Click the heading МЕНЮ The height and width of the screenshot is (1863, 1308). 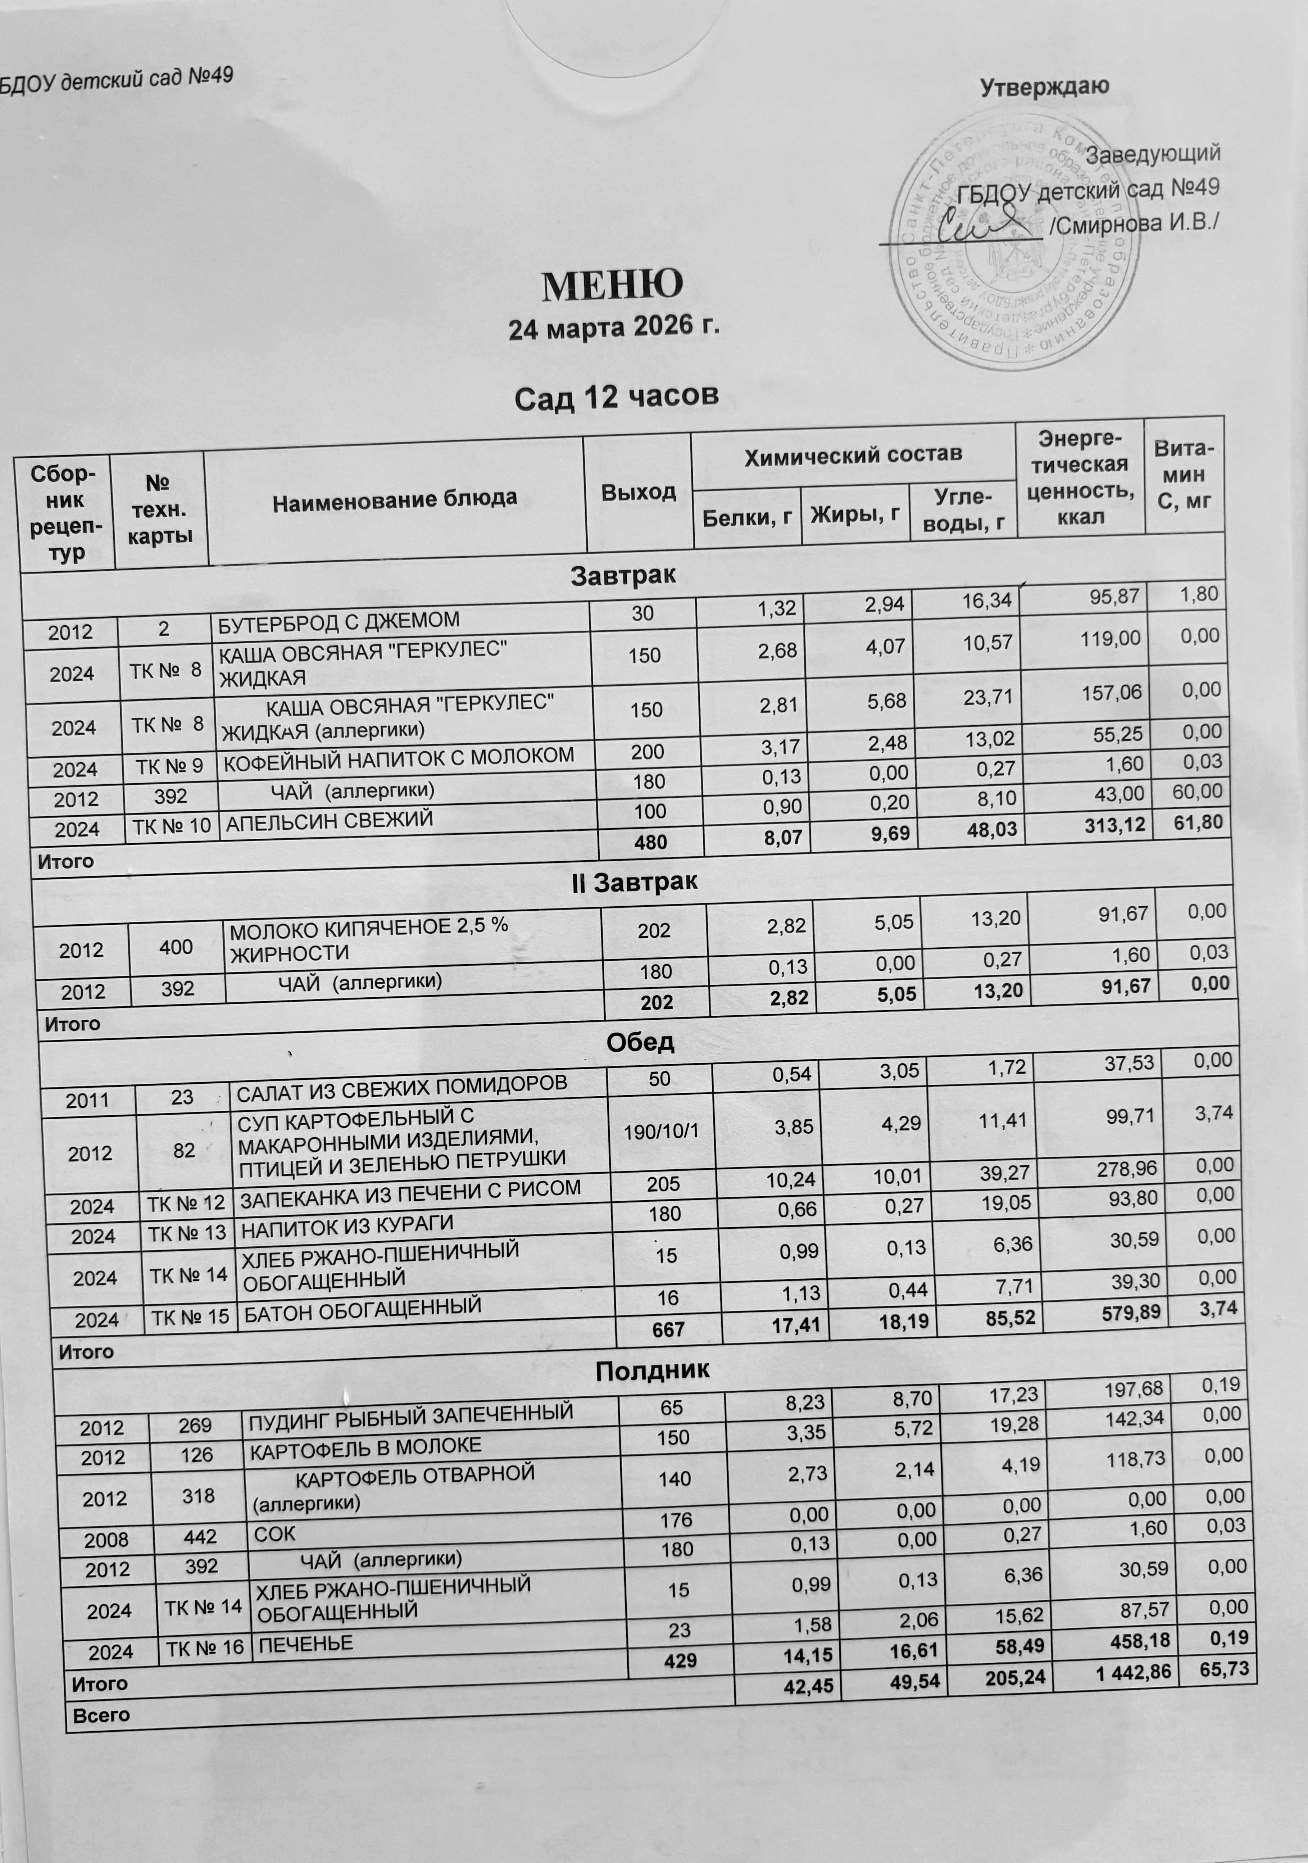pyautogui.click(x=612, y=284)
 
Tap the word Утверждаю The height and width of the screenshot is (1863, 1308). pyautogui.click(x=1044, y=86)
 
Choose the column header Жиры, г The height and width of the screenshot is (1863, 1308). pyautogui.click(x=855, y=513)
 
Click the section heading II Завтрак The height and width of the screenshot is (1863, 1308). pyautogui.click(x=635, y=882)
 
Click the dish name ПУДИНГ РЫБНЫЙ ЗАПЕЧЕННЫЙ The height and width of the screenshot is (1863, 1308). pyautogui.click(x=410, y=1415)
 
